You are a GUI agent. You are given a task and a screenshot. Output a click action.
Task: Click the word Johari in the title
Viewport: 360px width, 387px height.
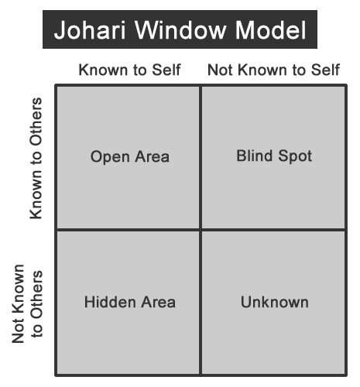90,30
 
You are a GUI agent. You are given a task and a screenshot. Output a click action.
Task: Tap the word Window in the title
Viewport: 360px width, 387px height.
180,29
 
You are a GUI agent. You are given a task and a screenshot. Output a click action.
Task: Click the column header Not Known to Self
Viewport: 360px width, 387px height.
273,70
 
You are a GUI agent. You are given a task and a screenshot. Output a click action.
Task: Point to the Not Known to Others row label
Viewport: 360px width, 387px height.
27,303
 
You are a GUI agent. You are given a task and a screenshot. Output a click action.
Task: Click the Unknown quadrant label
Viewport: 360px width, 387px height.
275,302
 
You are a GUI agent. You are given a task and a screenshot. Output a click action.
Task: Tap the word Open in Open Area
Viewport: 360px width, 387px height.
110,157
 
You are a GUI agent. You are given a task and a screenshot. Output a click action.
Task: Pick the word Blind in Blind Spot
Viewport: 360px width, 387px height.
255,156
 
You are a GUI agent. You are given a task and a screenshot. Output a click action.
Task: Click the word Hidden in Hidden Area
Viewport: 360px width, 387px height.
110,302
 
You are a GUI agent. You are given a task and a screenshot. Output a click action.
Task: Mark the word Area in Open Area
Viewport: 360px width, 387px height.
153,156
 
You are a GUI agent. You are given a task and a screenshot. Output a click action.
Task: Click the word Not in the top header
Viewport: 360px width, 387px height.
220,70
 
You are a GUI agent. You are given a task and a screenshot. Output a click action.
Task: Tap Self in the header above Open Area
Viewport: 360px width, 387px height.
166,70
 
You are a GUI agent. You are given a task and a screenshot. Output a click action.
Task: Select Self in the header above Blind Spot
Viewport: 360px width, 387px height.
325,70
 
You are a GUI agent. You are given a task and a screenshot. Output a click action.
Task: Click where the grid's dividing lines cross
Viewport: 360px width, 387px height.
201,229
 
